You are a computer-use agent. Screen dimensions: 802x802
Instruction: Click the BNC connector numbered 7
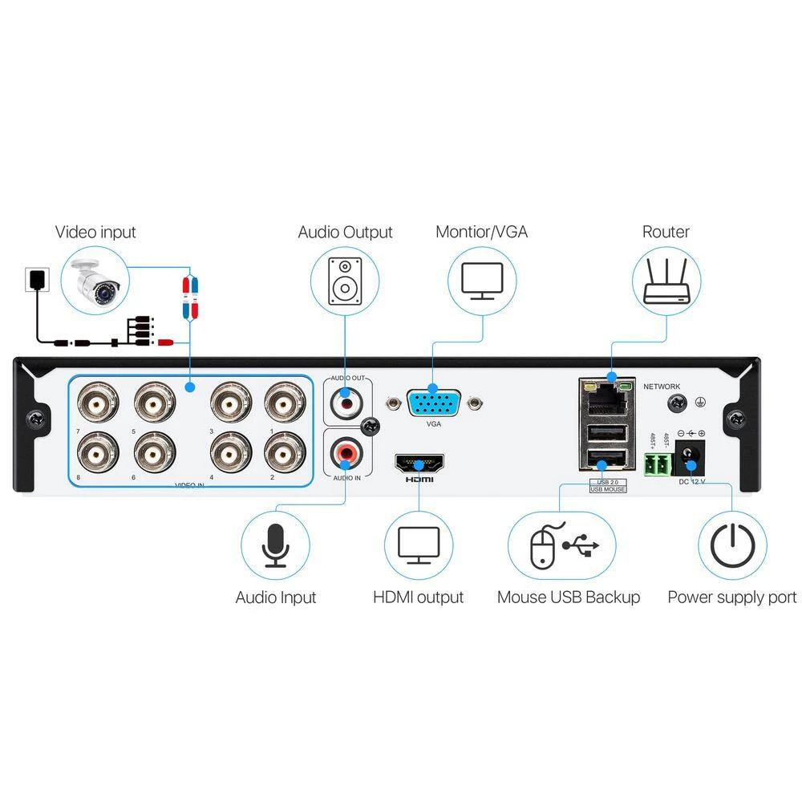pos(97,402)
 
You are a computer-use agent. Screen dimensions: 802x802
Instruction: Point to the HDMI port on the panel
pos(419,464)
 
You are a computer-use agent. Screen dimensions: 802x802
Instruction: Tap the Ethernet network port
pos(607,395)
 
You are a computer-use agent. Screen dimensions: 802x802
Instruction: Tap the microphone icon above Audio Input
pos(275,546)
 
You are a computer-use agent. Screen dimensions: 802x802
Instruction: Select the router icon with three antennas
pos(666,281)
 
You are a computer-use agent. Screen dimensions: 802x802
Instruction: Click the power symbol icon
pos(732,546)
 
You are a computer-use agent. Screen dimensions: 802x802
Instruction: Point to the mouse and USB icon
pos(561,546)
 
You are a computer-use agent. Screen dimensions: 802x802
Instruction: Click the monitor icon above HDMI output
pos(419,546)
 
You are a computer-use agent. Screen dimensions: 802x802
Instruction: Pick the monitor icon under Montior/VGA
pos(482,281)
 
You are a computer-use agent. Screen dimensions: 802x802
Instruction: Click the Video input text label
pos(95,233)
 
